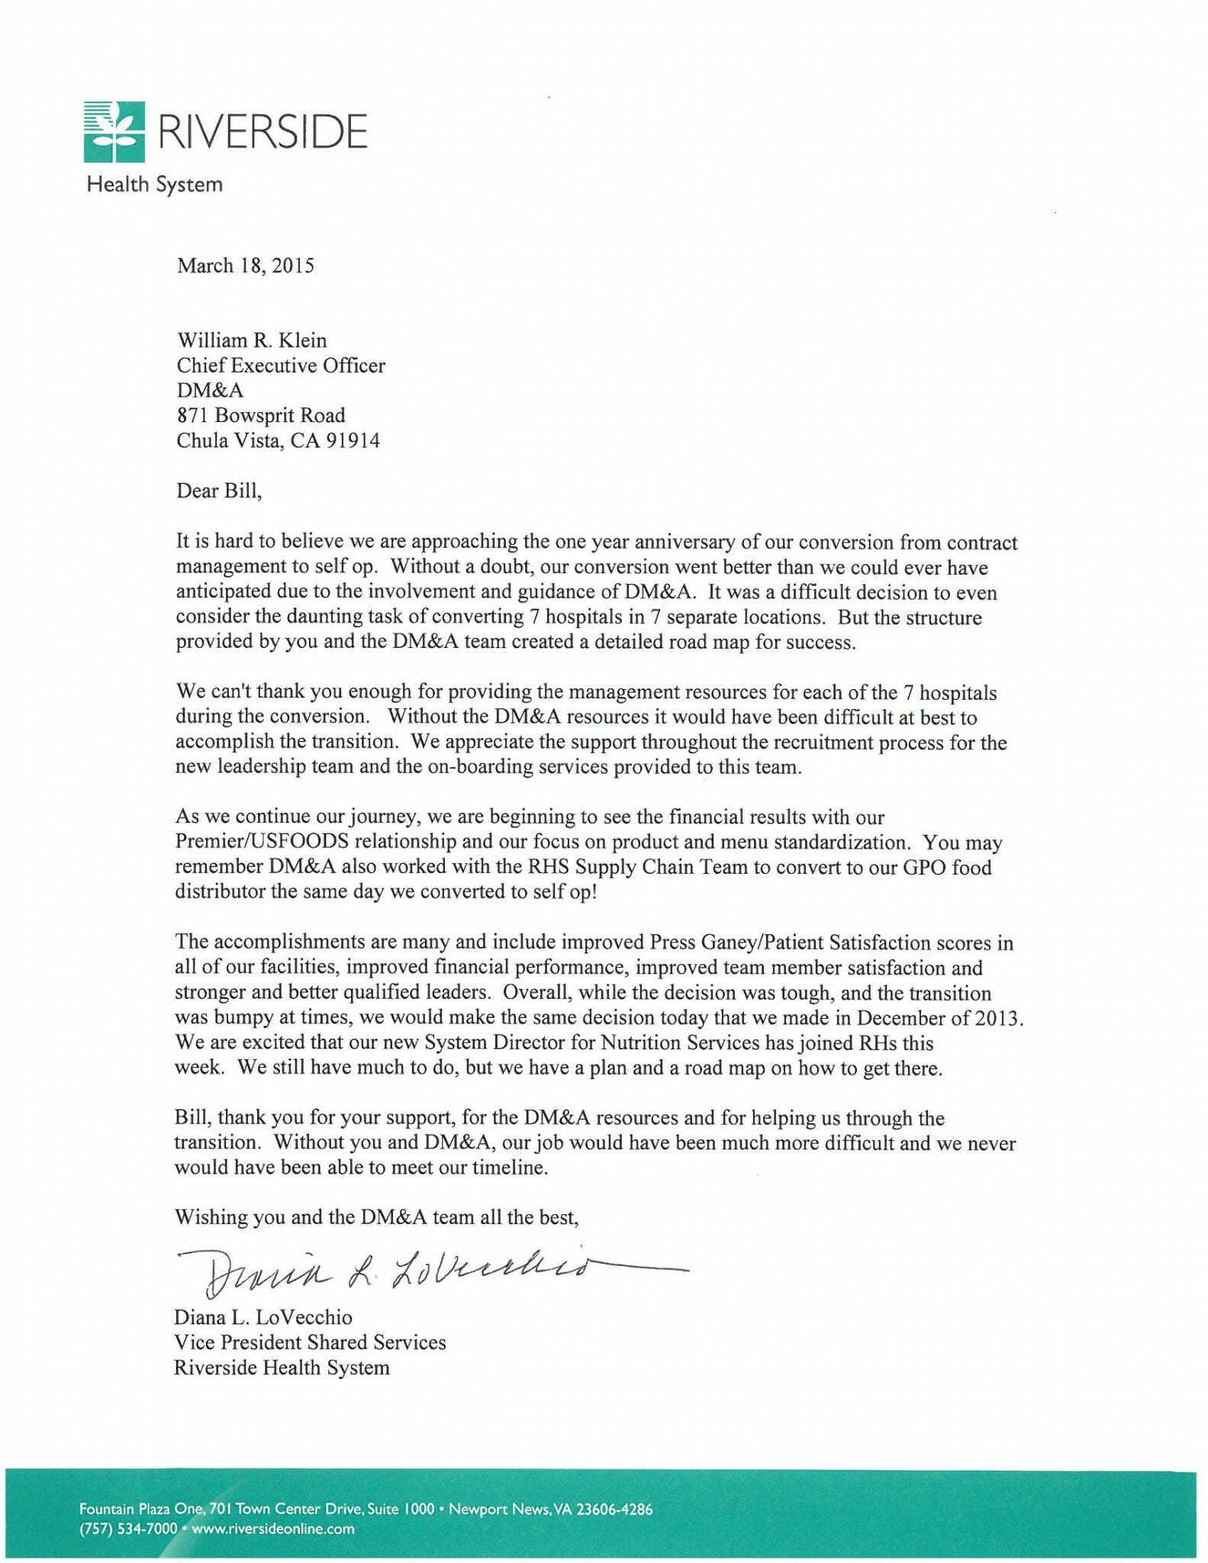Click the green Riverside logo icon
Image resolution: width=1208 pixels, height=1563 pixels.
(114, 131)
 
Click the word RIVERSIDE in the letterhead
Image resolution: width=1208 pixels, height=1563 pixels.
(262, 131)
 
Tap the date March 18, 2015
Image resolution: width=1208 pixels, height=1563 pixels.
(245, 266)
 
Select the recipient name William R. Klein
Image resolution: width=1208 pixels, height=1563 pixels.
(252, 340)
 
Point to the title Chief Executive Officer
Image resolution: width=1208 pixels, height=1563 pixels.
(281, 366)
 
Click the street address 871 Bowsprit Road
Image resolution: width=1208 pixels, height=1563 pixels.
(261, 415)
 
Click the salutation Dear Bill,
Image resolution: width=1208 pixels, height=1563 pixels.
(219, 490)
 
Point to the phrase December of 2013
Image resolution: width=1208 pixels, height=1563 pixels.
(939, 1017)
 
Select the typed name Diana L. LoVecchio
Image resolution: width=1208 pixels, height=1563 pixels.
(263, 1317)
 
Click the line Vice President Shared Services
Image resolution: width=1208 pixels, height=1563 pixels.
(310, 1342)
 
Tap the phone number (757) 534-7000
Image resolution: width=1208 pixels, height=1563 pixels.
(128, 1529)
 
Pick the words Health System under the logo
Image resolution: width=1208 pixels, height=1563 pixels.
(155, 185)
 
